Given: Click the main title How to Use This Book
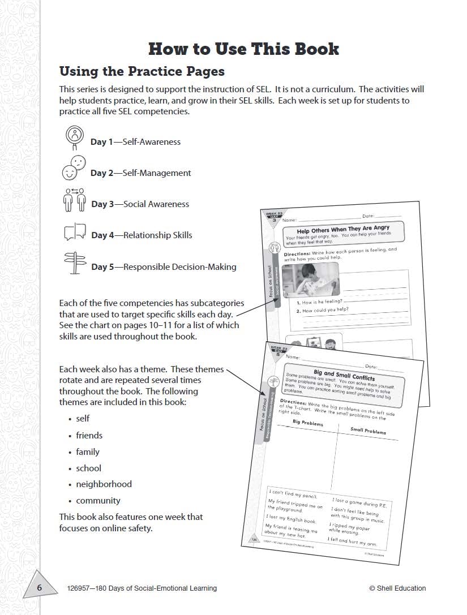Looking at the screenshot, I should [x=243, y=49].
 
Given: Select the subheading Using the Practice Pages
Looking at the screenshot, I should [x=142, y=71].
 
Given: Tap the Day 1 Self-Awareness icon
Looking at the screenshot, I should [x=75, y=135].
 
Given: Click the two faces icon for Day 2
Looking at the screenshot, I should [x=74, y=167].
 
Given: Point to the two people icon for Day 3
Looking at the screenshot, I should [x=75, y=199].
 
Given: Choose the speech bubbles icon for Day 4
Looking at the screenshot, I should [x=75, y=232].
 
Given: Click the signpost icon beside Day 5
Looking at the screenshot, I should [x=75, y=263].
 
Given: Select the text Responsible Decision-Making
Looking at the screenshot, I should [x=179, y=266].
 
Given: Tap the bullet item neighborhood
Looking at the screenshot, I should [x=104, y=484].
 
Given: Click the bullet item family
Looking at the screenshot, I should [x=88, y=451].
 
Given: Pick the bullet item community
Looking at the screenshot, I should [x=98, y=501].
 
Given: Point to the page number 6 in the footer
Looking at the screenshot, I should [x=40, y=588].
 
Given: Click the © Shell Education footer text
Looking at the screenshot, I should [x=397, y=588].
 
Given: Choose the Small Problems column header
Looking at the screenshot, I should [x=368, y=431].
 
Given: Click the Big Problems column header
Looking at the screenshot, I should [x=307, y=423].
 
